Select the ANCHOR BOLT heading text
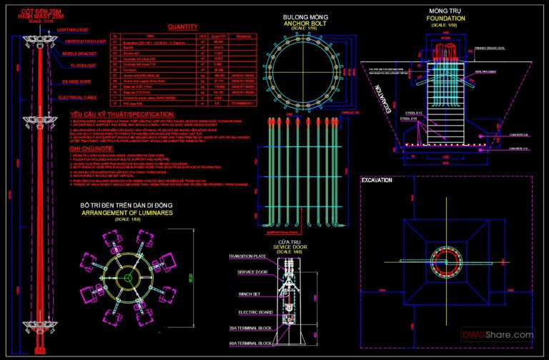[x=300, y=21]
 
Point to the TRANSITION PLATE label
[x=248, y=256]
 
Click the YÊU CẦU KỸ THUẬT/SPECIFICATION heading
[x=122, y=114]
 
